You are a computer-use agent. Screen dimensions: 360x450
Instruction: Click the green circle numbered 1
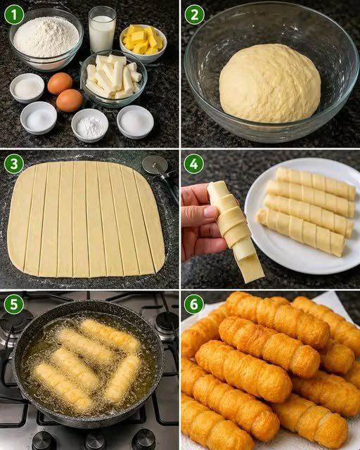pyautogui.click(x=14, y=15)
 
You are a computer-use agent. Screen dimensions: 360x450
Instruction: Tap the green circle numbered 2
pyautogui.click(x=194, y=15)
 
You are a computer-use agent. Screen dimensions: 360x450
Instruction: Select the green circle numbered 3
pyautogui.click(x=14, y=164)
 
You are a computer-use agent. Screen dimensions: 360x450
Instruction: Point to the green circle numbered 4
pyautogui.click(x=194, y=164)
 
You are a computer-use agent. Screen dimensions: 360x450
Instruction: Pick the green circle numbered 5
pyautogui.click(x=14, y=304)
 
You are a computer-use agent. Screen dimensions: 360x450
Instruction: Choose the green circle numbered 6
pyautogui.click(x=194, y=304)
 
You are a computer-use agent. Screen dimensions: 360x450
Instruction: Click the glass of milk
pyautogui.click(x=102, y=30)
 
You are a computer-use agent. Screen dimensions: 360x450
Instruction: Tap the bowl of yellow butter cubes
pyautogui.click(x=143, y=43)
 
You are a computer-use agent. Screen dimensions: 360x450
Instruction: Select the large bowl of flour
pyautogui.click(x=46, y=39)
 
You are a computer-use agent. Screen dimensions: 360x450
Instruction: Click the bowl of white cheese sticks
pyautogui.click(x=114, y=79)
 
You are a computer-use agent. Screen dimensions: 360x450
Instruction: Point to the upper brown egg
pyautogui.click(x=60, y=83)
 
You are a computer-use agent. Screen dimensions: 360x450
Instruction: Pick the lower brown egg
pyautogui.click(x=70, y=101)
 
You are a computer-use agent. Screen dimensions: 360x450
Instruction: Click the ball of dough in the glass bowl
pyautogui.click(x=270, y=83)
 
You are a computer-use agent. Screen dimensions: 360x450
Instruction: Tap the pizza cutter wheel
pyautogui.click(x=153, y=165)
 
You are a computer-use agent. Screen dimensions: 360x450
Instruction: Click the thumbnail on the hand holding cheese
pyautogui.click(x=210, y=212)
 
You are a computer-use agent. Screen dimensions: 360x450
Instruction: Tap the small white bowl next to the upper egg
pyautogui.click(x=27, y=88)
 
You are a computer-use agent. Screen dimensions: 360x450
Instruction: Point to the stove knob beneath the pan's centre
pyautogui.click(x=95, y=442)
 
